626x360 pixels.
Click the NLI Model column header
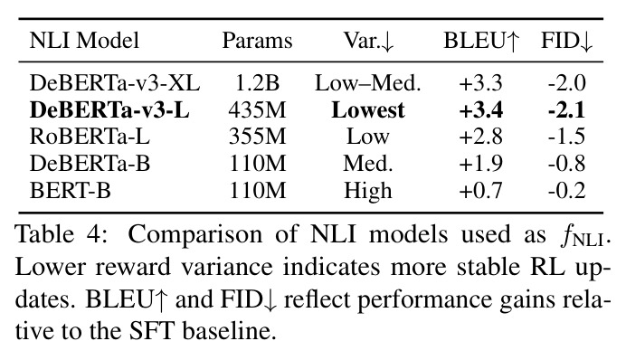point(84,41)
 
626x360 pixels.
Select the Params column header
point(257,41)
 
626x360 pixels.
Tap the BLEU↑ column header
point(481,41)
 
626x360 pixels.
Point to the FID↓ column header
point(566,41)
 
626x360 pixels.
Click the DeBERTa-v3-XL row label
point(115,83)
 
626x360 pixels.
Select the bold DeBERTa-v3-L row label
point(109,109)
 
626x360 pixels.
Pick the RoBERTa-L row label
point(90,137)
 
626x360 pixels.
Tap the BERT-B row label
point(71,190)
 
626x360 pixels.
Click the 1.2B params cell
point(258,83)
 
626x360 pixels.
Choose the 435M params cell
point(258,109)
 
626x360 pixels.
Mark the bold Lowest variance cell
point(368,109)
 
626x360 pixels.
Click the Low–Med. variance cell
point(368,83)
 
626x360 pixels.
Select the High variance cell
point(368,191)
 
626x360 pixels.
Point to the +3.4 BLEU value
point(481,110)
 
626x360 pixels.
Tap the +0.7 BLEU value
point(481,190)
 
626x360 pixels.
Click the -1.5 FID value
point(566,137)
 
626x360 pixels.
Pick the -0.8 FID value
point(566,163)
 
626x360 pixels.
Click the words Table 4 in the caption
point(62,234)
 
